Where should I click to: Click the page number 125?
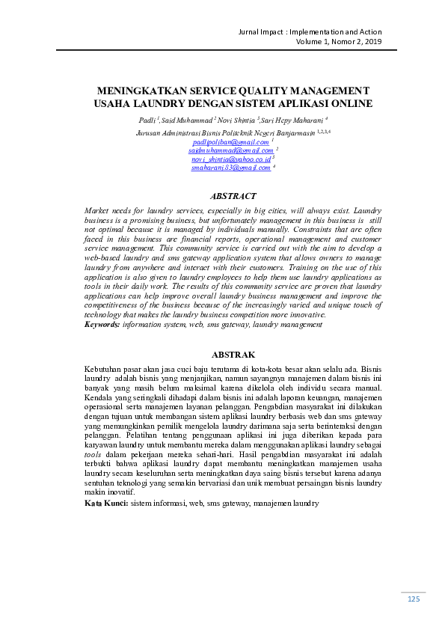point(414,599)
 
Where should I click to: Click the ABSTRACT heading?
point(233,196)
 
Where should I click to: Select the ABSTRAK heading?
point(233,354)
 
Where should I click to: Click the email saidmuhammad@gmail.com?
point(230,150)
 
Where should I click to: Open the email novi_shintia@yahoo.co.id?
point(230,159)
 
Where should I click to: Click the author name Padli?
point(147,120)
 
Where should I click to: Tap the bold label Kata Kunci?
point(105,504)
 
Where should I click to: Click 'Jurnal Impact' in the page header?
point(260,32)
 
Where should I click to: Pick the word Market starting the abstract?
point(98,211)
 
